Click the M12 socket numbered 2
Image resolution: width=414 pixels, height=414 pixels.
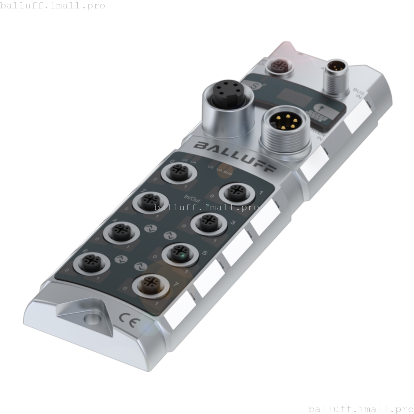point(151,201)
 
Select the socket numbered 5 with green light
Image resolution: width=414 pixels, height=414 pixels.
point(180,253)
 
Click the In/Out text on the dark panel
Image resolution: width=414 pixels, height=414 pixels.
point(192,198)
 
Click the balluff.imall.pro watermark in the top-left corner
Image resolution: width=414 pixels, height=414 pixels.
point(53,6)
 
